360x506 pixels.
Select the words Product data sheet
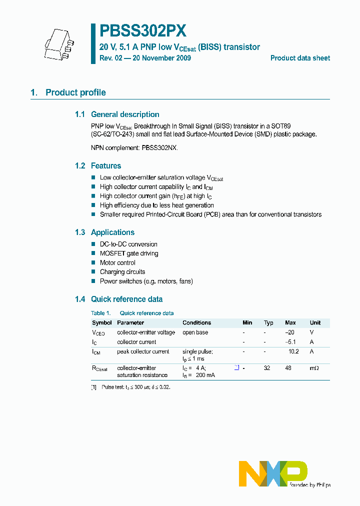[x=300, y=58]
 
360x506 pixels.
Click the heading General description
[x=125, y=114]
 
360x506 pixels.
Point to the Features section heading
[x=106, y=166]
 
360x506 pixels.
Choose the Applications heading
[x=112, y=232]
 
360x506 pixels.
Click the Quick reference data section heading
[x=126, y=299]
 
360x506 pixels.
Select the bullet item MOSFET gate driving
[x=129, y=253]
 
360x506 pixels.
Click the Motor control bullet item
[x=117, y=263]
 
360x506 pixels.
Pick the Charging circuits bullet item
[x=122, y=272]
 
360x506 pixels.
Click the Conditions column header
[x=196, y=323]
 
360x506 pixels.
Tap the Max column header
[x=290, y=323]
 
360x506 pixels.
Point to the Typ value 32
[x=267, y=367]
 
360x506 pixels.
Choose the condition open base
[x=195, y=332]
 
